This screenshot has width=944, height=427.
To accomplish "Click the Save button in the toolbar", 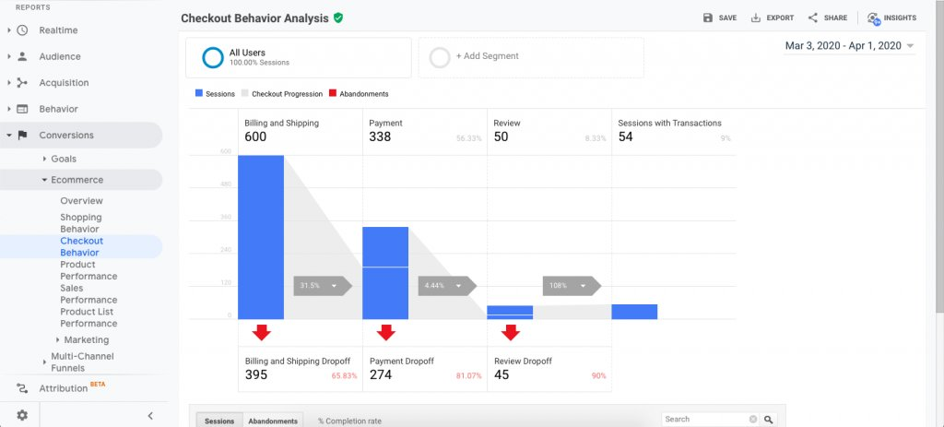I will click(x=719, y=18).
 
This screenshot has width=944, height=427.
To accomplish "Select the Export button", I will click(x=772, y=18).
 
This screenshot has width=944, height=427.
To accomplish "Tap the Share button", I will click(x=827, y=18).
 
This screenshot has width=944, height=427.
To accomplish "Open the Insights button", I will click(x=891, y=18).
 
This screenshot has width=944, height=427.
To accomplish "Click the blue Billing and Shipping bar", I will click(x=261, y=237).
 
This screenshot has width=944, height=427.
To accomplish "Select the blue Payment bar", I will click(x=385, y=273).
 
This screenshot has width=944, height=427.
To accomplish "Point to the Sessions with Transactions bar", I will click(x=634, y=312).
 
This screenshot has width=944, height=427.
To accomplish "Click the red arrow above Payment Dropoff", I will click(x=385, y=332).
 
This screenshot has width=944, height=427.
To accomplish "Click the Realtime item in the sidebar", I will click(x=58, y=30).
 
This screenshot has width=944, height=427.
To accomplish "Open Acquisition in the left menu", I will click(x=64, y=83).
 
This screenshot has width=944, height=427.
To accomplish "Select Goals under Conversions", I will click(x=64, y=159).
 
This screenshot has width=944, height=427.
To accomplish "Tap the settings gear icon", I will click(x=22, y=416).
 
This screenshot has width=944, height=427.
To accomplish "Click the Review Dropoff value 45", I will click(x=502, y=375).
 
